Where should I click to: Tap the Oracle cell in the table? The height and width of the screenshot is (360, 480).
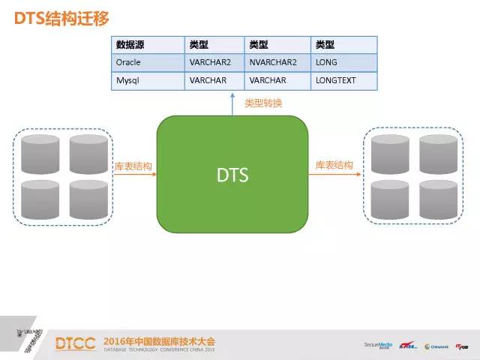coord(128,62)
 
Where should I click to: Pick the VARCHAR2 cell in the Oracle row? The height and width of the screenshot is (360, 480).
coord(209,62)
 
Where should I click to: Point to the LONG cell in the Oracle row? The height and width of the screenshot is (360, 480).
coord(326,62)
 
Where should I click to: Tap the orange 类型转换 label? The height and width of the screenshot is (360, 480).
coord(264,103)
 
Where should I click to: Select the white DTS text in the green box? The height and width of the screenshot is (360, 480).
coord(232,175)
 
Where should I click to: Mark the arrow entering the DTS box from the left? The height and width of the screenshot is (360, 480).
coord(135,175)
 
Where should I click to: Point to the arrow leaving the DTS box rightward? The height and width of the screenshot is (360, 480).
coord(334,175)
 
